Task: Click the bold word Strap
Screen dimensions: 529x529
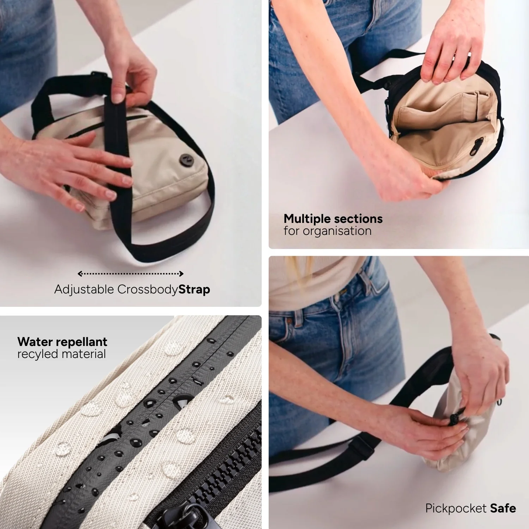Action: pyautogui.click(x=194, y=290)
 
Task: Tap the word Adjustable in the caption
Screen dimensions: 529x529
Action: pyautogui.click(x=84, y=290)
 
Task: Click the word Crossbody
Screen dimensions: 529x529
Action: pyautogui.click(x=147, y=290)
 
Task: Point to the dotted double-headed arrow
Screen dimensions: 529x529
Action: pyautogui.click(x=130, y=274)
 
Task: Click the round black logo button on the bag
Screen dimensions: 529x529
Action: pyautogui.click(x=185, y=160)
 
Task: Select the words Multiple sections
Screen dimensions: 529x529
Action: pyautogui.click(x=333, y=219)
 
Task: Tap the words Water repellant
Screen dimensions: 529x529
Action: pyautogui.click(x=62, y=342)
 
